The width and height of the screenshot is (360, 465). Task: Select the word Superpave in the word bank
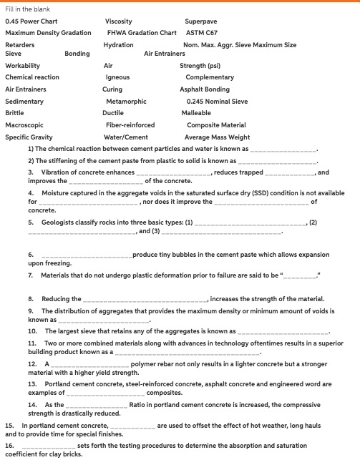[x=202, y=21]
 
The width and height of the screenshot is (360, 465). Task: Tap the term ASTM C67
[x=201, y=33]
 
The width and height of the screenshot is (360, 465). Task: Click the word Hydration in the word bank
[x=118, y=45]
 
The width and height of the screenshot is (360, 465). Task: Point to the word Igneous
[x=117, y=77]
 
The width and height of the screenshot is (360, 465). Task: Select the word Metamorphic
[x=126, y=102]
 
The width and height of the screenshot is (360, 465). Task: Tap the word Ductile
[x=113, y=113]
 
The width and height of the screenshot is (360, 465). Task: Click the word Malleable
[x=196, y=113]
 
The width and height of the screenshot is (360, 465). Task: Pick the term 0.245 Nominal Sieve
[x=217, y=102]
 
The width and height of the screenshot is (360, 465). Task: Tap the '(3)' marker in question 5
[x=145, y=232]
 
